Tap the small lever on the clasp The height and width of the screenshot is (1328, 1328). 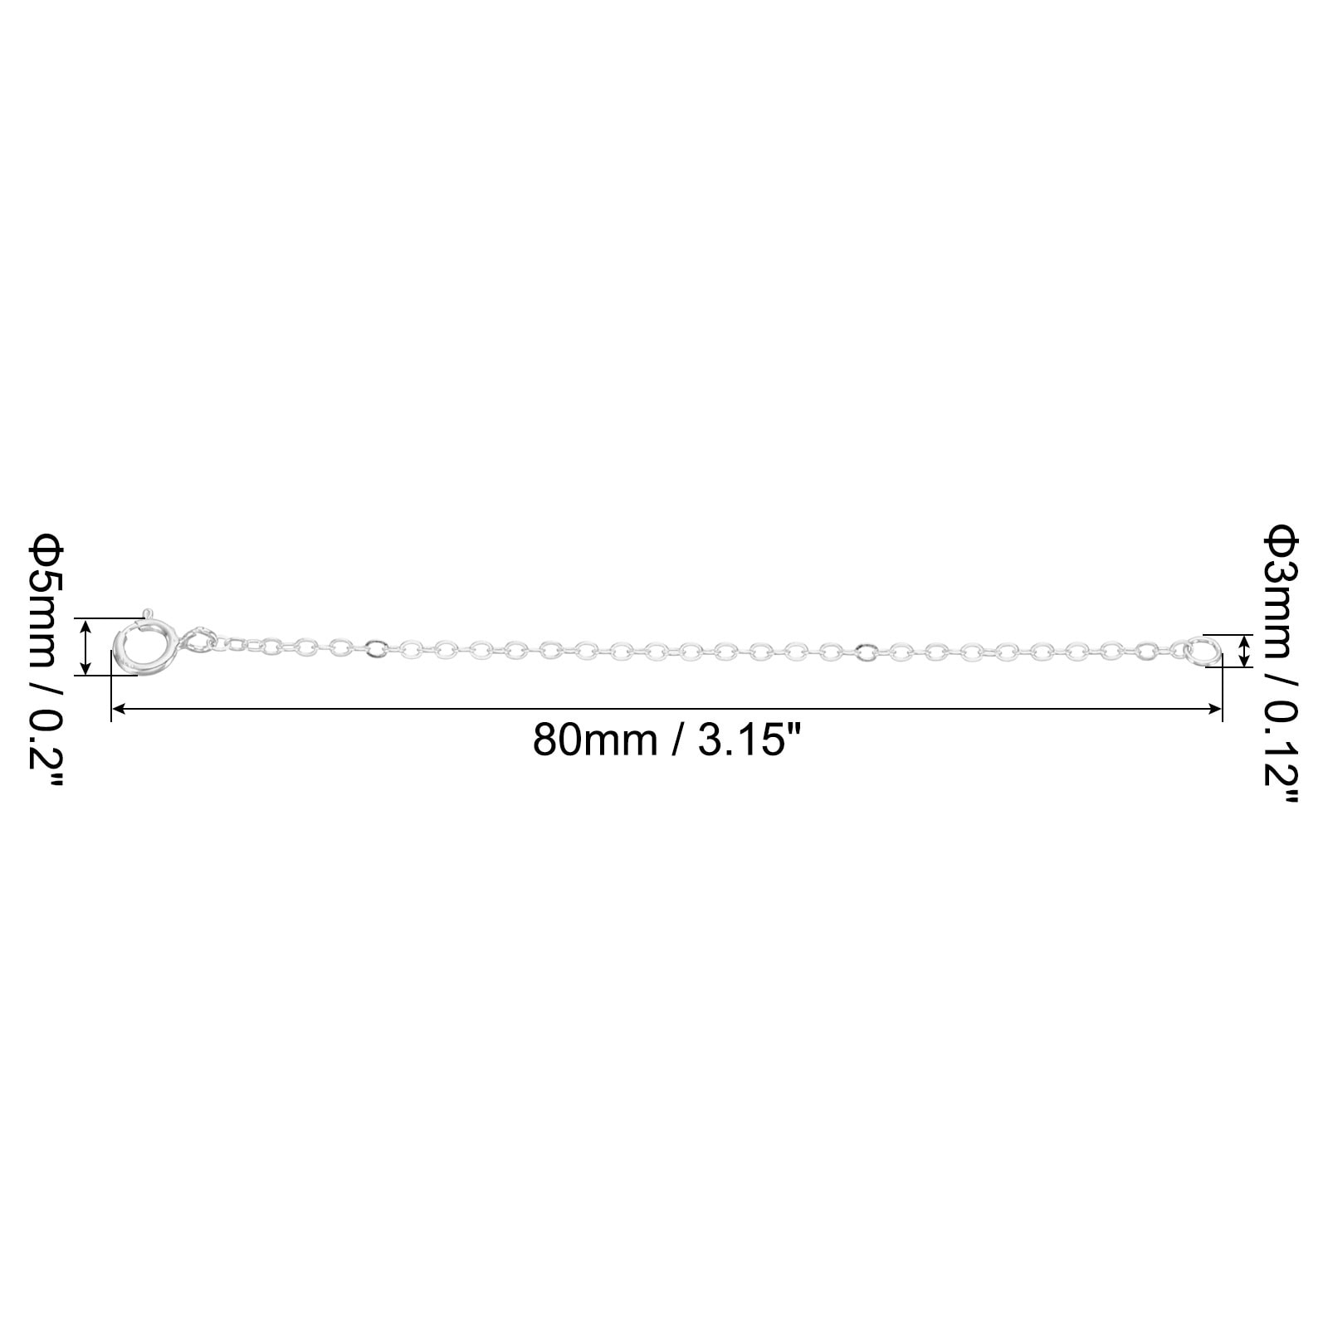point(147,614)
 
